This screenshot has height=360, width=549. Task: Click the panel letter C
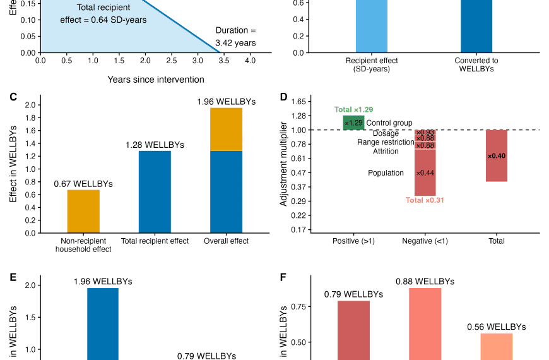(x=13, y=97)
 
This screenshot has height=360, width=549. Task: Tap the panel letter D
(x=283, y=97)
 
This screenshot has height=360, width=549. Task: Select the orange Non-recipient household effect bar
(x=83, y=211)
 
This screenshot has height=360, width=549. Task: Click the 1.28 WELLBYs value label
(x=155, y=145)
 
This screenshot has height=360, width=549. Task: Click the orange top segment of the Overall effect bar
(x=226, y=129)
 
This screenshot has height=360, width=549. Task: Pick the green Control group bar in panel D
(x=353, y=123)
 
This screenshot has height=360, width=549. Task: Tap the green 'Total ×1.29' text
(x=353, y=110)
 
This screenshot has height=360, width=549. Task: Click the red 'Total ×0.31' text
(x=425, y=201)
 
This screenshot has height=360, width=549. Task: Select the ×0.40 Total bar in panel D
(x=497, y=155)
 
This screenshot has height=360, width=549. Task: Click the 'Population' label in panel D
(x=386, y=173)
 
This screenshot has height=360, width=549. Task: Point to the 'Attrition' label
(x=386, y=152)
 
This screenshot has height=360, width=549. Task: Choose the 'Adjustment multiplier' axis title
(x=284, y=164)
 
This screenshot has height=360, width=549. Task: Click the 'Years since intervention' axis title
(x=155, y=80)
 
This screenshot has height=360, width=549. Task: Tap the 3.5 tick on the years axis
(x=224, y=61)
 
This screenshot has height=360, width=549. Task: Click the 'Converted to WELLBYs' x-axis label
(x=476, y=65)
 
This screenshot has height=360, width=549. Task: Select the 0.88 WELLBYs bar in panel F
(x=425, y=322)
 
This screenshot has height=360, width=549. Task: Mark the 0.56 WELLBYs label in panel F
(x=496, y=327)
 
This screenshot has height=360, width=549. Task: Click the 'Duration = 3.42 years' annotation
(x=235, y=37)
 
